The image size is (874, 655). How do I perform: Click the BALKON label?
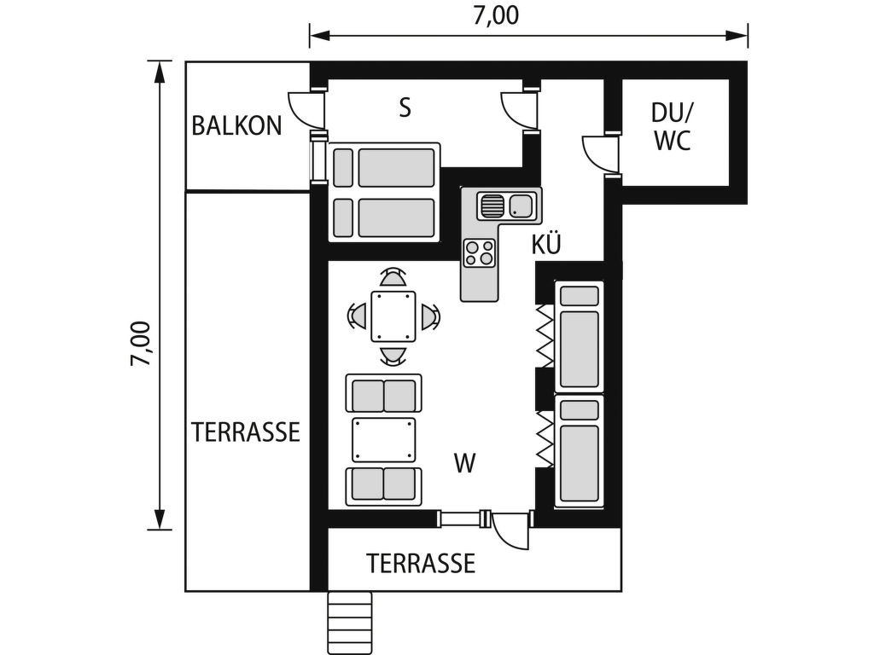237,126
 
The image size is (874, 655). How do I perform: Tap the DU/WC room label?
673,126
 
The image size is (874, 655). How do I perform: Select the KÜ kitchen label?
546,244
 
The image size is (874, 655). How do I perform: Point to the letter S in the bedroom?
405,107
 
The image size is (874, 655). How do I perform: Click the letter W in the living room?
465,463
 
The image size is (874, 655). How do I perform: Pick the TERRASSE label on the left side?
246,432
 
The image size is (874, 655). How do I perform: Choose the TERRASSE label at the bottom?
421,563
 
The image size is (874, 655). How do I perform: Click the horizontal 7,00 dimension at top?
496,15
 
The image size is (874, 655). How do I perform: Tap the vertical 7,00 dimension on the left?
141,344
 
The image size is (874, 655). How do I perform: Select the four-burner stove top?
480,252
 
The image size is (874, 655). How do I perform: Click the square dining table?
393,316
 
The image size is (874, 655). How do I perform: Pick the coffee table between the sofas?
383,440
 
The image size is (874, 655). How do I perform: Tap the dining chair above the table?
393,277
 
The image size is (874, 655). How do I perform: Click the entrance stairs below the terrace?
349,623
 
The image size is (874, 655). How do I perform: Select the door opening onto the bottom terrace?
510,530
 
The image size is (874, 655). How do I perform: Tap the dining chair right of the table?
430,316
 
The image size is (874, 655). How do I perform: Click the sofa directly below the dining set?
383,393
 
